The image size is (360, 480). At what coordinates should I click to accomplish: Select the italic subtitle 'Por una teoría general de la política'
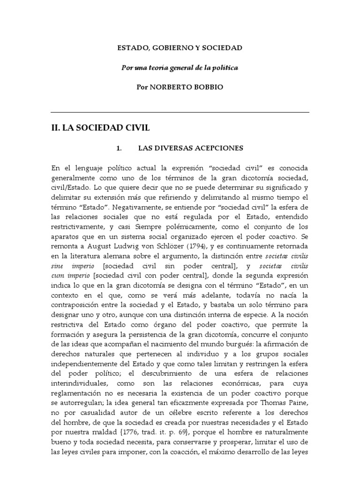(x=180, y=68)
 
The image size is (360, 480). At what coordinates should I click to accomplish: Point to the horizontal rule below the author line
(x=180, y=112)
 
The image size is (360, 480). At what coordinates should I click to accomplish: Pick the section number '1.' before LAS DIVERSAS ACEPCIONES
(x=119, y=148)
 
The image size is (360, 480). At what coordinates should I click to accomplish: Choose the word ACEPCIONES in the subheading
(x=218, y=148)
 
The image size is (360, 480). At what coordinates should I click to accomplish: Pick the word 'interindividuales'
(x=78, y=384)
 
